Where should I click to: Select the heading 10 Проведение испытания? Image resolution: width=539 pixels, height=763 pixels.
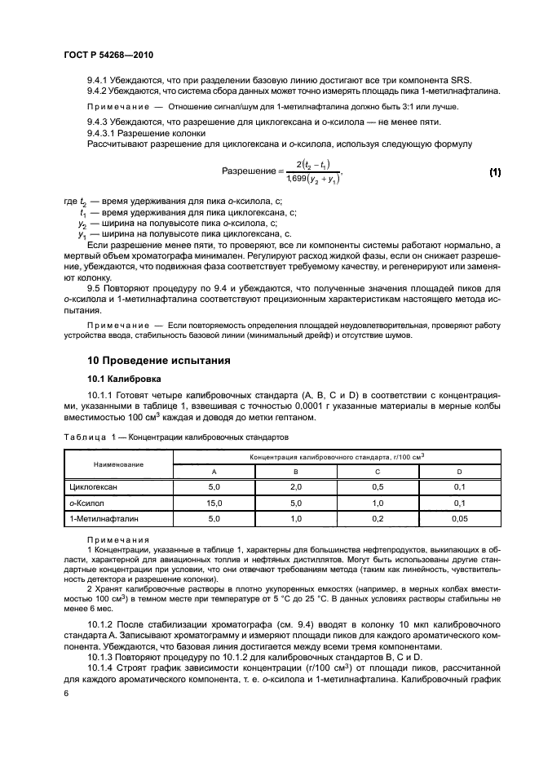pos(159,360)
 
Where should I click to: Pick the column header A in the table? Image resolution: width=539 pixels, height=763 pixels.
pos(214,472)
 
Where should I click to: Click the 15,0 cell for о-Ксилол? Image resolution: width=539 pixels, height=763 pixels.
pos(214,502)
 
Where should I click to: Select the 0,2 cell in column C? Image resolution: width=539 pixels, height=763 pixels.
pos(377,517)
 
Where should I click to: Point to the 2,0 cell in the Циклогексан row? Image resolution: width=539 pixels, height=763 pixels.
pos(295,486)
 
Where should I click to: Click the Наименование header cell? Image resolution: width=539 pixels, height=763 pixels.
pos(118,464)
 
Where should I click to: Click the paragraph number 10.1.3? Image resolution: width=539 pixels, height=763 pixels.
pos(102,657)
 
